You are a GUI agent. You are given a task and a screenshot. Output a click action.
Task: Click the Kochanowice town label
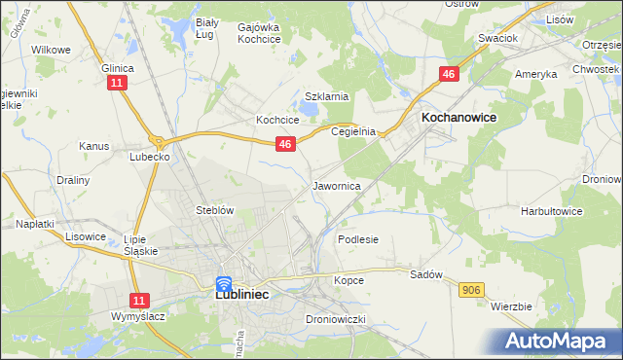pos(458,117)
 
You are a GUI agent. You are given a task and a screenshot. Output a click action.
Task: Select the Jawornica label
pos(337,185)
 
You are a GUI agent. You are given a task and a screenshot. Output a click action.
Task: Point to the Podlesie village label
pos(357,238)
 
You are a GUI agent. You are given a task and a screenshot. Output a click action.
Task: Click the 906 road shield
pos(472,290)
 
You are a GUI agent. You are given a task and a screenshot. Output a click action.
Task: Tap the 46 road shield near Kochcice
pos(284,144)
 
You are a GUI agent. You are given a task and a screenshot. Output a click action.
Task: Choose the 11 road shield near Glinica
pos(117,85)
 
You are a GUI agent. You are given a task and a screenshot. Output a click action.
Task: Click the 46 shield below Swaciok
pos(449,74)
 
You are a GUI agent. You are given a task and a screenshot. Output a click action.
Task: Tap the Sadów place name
pos(426,274)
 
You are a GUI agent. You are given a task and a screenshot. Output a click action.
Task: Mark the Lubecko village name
pos(150,155)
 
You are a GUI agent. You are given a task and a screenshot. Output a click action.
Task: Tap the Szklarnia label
pos(326,96)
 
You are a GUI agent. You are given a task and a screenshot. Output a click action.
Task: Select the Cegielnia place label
pos(352,131)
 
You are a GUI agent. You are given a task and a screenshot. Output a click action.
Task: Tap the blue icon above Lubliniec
pos(223,284)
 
